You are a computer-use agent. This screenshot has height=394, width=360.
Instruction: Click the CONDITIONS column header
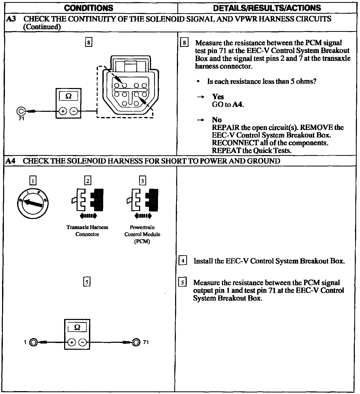(88, 8)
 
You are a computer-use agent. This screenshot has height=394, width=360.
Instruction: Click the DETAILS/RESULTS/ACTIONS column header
(267, 8)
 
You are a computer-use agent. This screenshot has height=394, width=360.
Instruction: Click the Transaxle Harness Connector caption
(87, 231)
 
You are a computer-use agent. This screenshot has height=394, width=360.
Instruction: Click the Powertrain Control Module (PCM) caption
(142, 234)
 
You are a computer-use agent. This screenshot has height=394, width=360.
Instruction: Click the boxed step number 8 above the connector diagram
(88, 42)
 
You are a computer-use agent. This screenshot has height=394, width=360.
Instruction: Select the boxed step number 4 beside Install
(183, 261)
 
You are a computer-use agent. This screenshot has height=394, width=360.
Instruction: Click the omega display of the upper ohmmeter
(68, 96)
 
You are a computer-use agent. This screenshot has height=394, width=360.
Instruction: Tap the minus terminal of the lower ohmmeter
(82, 342)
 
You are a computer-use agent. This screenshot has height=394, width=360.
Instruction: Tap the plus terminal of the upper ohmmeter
(63, 112)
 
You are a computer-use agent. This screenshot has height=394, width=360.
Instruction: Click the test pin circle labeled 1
(33, 342)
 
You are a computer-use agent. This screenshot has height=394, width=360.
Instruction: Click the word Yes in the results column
(218, 97)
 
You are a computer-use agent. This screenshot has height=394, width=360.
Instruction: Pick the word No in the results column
(217, 120)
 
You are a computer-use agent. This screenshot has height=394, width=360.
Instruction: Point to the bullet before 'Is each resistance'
(198, 82)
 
